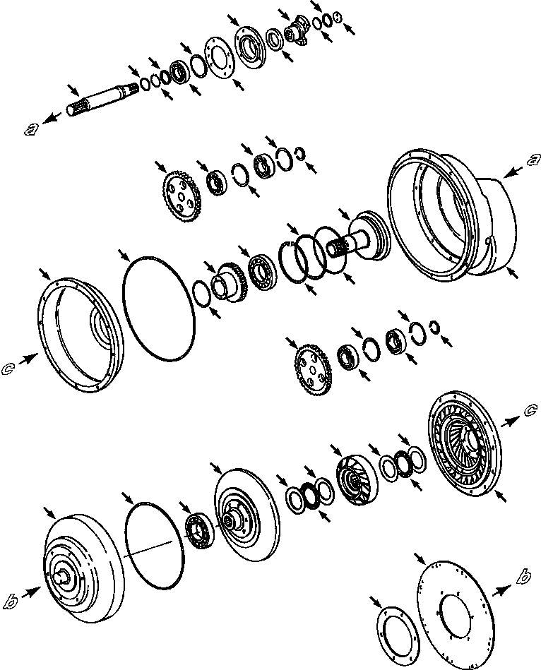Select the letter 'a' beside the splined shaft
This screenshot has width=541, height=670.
(30, 128)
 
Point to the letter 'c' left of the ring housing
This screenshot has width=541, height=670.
(8, 367)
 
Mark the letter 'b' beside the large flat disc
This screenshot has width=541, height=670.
(523, 578)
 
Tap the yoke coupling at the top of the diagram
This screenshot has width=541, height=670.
(295, 34)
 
